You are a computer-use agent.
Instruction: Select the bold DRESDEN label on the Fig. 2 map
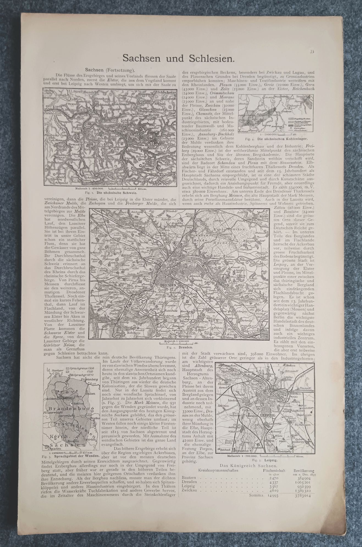(x=167, y=286)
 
